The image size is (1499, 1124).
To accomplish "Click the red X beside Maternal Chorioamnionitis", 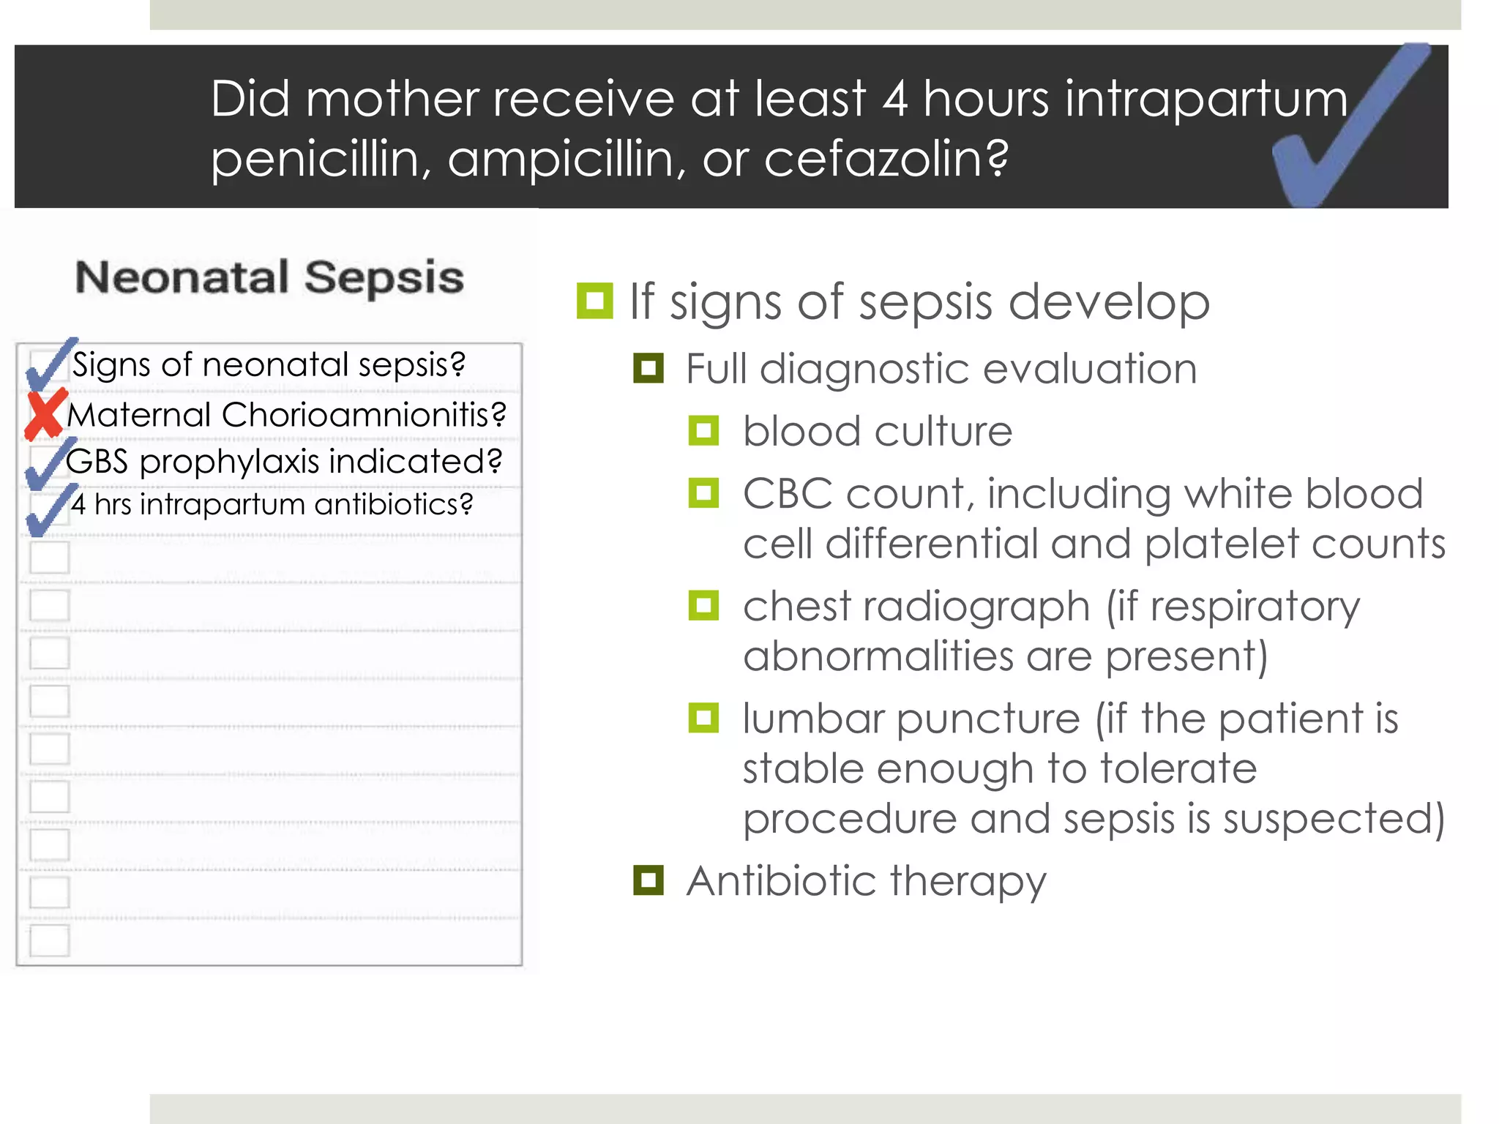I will pyautogui.click(x=45, y=414).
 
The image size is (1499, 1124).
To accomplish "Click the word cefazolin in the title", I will pyautogui.click(x=886, y=158).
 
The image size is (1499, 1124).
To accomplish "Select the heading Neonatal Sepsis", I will pyautogui.click(x=269, y=277).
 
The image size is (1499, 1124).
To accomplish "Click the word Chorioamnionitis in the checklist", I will pyautogui.click(x=364, y=414).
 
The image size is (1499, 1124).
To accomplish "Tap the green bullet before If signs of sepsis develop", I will pyautogui.click(x=594, y=301).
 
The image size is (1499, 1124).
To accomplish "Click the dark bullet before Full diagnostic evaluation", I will pyautogui.click(x=648, y=368).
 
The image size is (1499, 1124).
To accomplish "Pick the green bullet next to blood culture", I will pyautogui.click(x=703, y=430).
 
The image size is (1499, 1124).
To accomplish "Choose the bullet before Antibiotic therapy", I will pyautogui.click(x=648, y=880).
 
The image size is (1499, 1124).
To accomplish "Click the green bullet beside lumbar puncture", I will pyautogui.click(x=703, y=718).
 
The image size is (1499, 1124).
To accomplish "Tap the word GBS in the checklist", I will pyautogui.click(x=97, y=462).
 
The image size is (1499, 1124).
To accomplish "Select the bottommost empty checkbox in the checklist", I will pyautogui.click(x=50, y=940).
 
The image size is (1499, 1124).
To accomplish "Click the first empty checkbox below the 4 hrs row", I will pyautogui.click(x=50, y=558).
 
